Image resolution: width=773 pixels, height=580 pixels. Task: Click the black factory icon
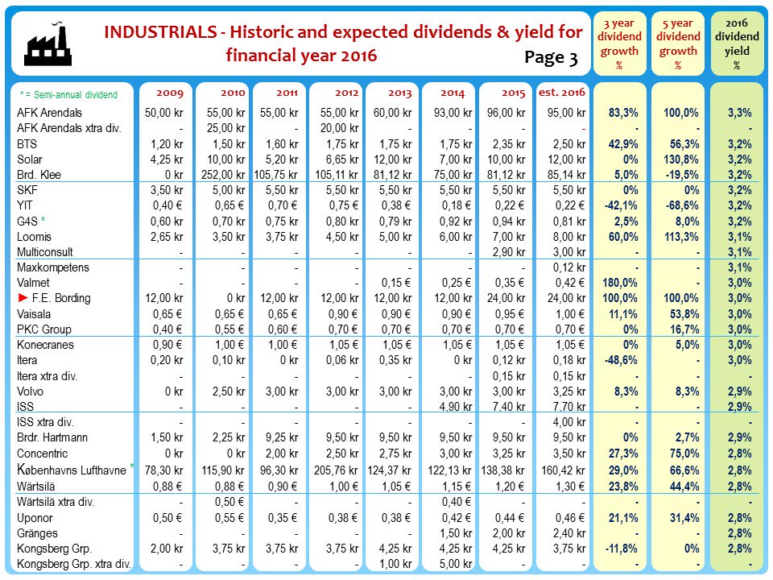click(49, 45)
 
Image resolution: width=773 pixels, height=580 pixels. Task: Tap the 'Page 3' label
click(551, 58)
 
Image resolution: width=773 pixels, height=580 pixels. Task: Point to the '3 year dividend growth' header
click(621, 43)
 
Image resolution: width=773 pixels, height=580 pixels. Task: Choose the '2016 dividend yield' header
click(737, 43)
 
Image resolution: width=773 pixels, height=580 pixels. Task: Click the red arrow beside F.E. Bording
click(23, 298)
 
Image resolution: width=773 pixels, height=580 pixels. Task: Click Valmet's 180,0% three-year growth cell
click(621, 283)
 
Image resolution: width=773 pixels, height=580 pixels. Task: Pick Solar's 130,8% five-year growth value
click(679, 159)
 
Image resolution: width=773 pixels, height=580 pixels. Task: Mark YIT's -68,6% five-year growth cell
click(679, 205)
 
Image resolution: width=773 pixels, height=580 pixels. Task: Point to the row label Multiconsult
click(46, 252)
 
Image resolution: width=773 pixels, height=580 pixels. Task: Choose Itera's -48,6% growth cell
click(621, 360)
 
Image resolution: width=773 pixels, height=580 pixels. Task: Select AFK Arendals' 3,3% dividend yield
click(738, 113)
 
